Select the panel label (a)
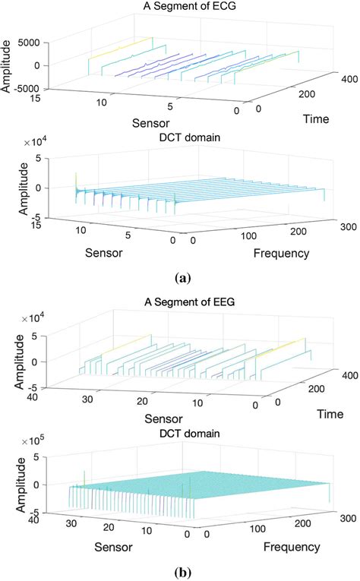pyautogui.click(x=180, y=279)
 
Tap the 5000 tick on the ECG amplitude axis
pyautogui.click(x=27, y=44)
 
